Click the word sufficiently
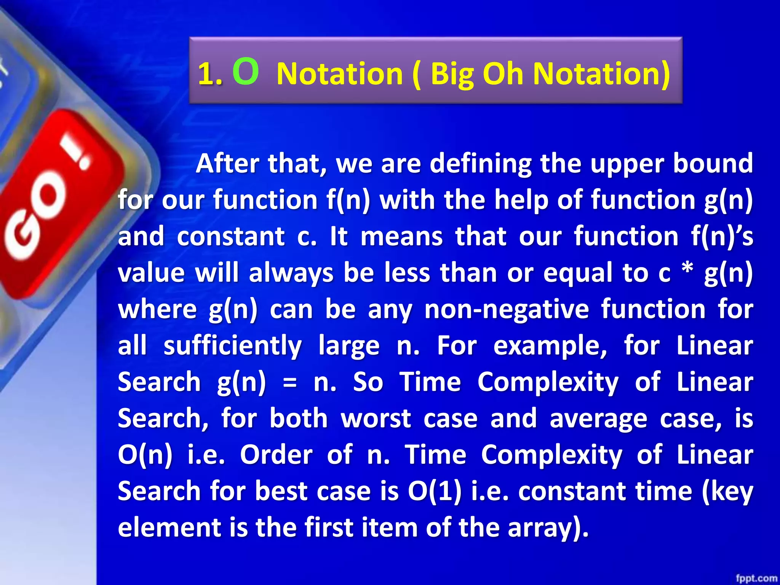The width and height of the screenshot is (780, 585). pos(233,346)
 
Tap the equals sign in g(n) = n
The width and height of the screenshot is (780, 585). pos(290,382)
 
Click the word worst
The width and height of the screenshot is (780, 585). pos(376,419)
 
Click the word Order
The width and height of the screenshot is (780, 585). pos(276,455)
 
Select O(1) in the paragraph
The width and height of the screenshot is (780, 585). pos(435,491)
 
